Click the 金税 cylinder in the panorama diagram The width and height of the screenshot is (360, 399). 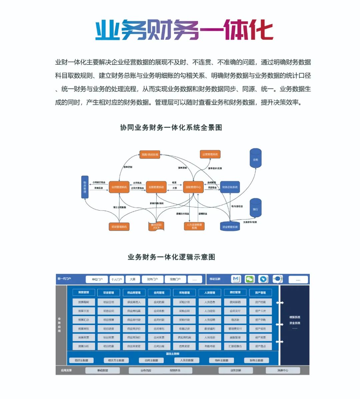click(256, 158)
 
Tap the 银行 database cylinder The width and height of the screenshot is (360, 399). click(256, 208)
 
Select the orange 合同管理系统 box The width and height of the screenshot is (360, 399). click(119, 187)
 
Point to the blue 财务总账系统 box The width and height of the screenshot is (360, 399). click(230, 187)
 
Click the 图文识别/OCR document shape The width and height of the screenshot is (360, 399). click(156, 227)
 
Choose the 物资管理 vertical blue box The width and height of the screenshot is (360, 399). click(85, 187)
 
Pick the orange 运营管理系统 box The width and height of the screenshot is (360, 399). click(210, 154)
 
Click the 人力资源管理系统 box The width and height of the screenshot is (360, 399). click(194, 226)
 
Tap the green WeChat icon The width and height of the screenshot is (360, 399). click(250, 279)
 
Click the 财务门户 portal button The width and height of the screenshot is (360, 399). click(153, 279)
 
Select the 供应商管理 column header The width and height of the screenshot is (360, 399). click(134, 293)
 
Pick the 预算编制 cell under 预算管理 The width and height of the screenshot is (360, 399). click(84, 302)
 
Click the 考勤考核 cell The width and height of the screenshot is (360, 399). click(210, 346)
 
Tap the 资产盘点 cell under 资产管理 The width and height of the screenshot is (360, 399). click(260, 346)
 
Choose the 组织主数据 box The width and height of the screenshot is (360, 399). click(81, 360)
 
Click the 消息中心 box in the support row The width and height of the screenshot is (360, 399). click(283, 370)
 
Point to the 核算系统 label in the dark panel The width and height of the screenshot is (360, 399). click(295, 317)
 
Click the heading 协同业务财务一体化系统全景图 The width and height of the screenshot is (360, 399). click(171, 127)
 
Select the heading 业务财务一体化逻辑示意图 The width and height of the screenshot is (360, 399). click(171, 257)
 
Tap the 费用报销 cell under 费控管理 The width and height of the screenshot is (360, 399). click(235, 302)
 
